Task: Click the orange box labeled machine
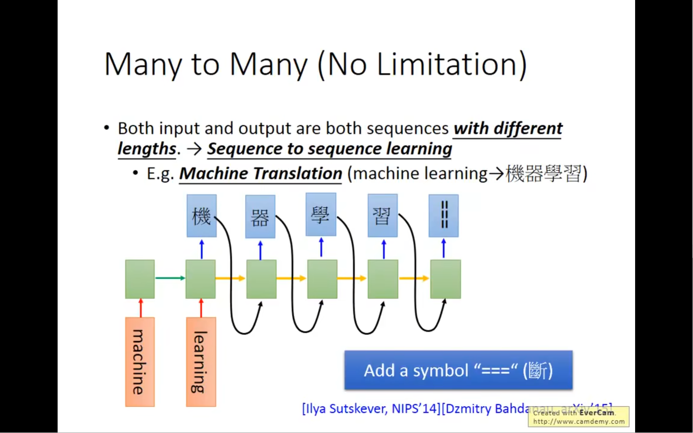tap(140, 362)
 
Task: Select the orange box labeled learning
tap(201, 362)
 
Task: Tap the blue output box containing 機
tap(202, 216)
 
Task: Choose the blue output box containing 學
tap(321, 215)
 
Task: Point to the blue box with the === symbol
tap(444, 216)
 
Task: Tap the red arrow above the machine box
tap(141, 308)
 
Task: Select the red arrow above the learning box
tap(201, 308)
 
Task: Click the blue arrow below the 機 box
tap(202, 249)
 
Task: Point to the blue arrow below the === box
tap(444, 249)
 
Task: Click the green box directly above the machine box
tap(140, 279)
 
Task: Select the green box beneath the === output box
tap(446, 279)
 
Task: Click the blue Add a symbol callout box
tap(458, 370)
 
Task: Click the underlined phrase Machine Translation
tap(260, 174)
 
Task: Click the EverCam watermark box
tap(579, 417)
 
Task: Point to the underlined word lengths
tap(147, 149)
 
